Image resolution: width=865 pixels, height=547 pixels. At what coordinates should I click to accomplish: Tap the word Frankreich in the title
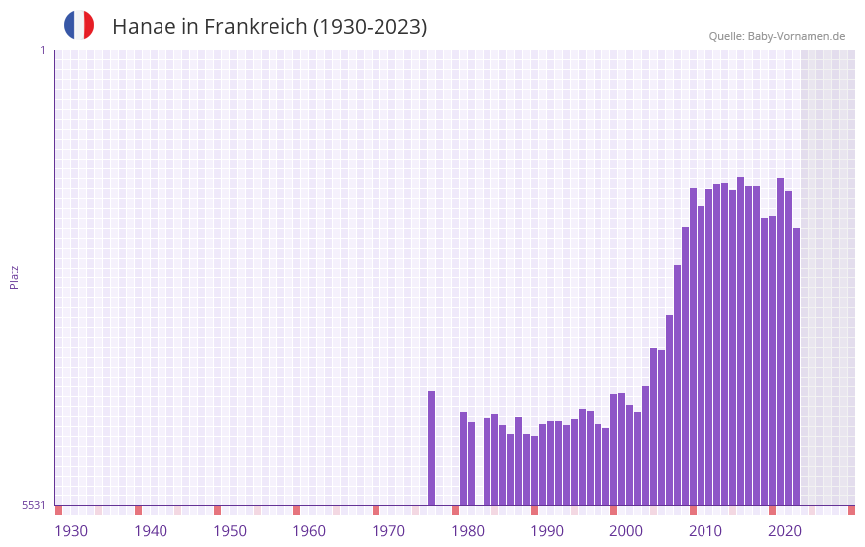point(256,27)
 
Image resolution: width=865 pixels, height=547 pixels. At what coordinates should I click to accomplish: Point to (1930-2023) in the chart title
point(370,27)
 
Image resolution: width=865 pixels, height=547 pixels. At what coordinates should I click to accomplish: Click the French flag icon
point(79,25)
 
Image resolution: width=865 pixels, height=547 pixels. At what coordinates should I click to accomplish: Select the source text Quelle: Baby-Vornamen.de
point(777,36)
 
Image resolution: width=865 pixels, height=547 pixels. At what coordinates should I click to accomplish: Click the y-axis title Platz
point(14,276)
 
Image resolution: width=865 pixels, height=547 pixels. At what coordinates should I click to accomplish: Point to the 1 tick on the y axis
point(42,50)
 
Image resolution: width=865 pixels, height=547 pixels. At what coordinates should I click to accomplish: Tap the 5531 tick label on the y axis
point(34,505)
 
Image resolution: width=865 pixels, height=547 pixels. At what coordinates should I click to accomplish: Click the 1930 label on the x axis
point(71,531)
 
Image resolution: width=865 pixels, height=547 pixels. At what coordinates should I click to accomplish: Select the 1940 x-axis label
point(151,531)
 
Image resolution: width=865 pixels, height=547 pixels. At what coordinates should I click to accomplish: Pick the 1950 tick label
point(230,531)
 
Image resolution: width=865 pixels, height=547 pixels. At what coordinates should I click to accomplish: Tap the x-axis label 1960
point(309,531)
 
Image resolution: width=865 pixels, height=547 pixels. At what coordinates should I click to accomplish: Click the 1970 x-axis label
point(388,531)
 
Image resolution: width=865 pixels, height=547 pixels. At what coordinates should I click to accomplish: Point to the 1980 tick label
point(468,531)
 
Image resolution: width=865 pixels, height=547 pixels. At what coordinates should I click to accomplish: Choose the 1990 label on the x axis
point(547,531)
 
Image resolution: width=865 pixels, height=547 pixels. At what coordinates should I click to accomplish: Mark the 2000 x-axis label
point(626,531)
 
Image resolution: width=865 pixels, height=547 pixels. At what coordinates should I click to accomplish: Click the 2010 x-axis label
point(705,531)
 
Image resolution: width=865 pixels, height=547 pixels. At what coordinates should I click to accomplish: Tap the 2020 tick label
point(785,531)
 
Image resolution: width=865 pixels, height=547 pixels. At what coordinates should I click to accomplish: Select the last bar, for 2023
point(796,367)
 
